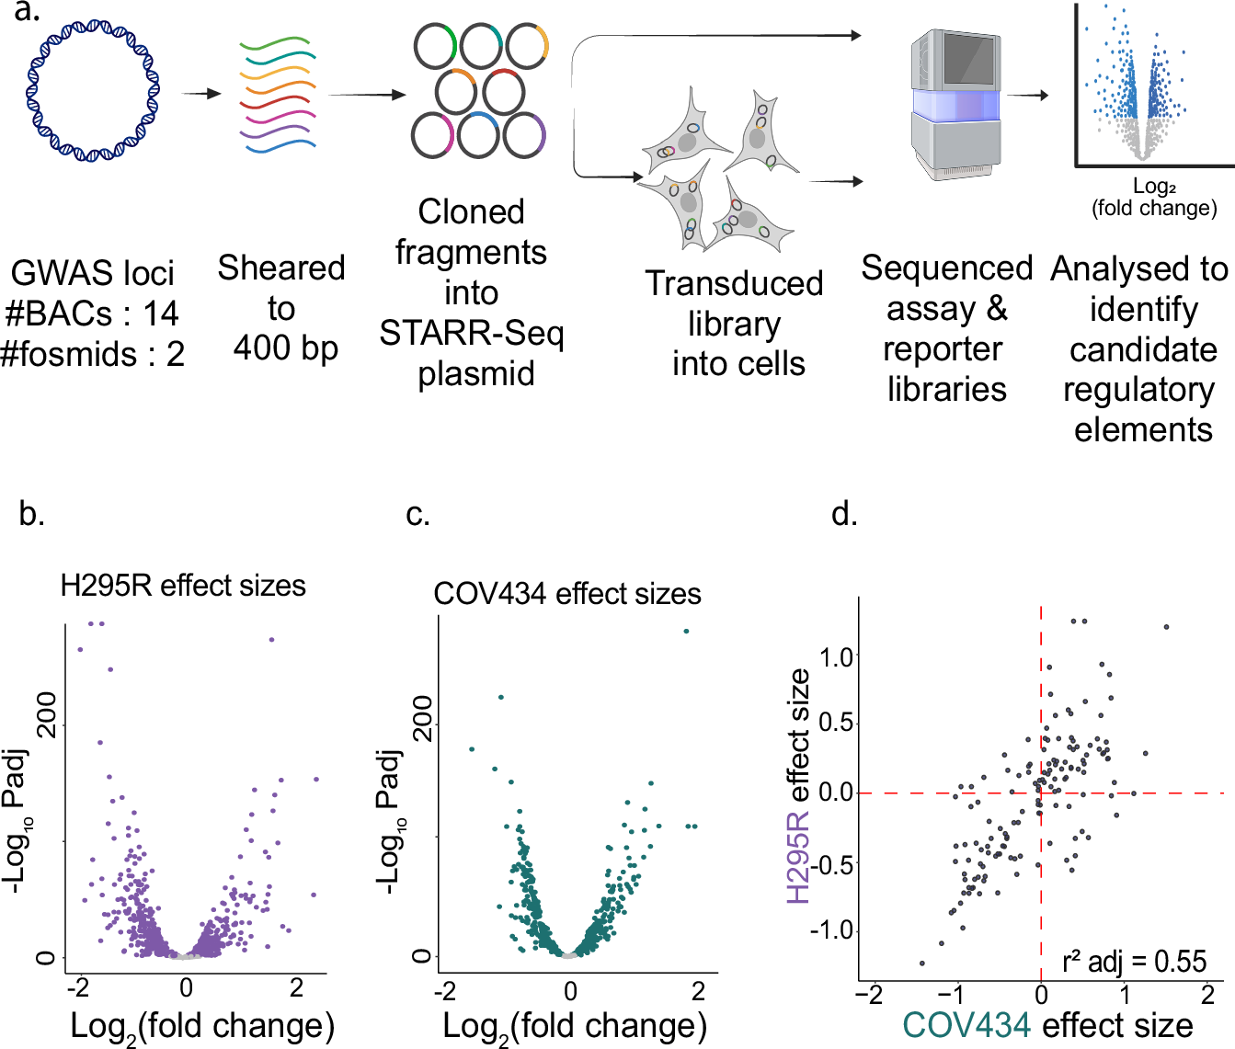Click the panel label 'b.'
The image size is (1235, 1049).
pos(32,514)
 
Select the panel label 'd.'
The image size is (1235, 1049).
pos(843,514)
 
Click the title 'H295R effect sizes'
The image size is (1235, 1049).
pos(183,586)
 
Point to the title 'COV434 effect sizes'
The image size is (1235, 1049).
pos(566,594)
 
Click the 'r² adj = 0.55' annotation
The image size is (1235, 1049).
pos(1134,962)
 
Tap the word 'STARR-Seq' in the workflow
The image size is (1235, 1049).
pos(471,333)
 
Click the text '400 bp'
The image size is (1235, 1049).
pos(285,348)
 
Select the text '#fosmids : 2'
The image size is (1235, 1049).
pos(93,354)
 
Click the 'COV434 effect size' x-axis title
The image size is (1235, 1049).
pos(1047,1025)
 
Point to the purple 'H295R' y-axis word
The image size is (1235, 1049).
pos(798,856)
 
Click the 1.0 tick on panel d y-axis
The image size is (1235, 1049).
pos(836,656)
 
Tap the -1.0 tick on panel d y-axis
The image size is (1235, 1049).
pos(831,930)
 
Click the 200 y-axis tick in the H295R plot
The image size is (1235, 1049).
pos(46,713)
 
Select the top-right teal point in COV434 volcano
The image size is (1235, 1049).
pos(686,631)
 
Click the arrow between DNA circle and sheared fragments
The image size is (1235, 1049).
pos(201,94)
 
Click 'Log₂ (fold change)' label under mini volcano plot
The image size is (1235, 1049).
pos(1154,198)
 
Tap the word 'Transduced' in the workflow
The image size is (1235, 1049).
pos(733,284)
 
